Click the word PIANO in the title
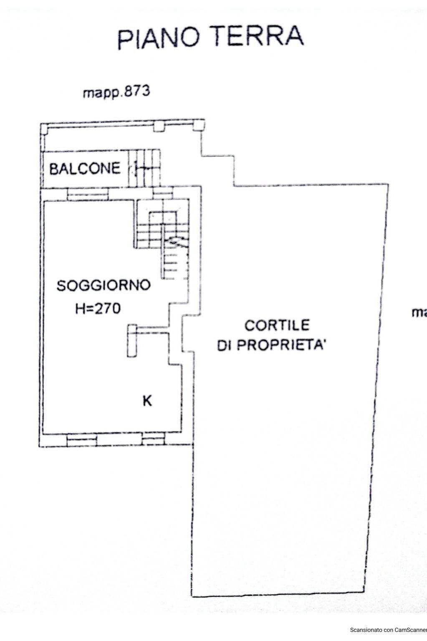pyautogui.click(x=162, y=38)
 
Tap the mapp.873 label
pyautogui.click(x=116, y=91)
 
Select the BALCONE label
pyautogui.click(x=85, y=168)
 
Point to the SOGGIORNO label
pyautogui.click(x=104, y=286)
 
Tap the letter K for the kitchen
pyautogui.click(x=147, y=401)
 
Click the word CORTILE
pyautogui.click(x=277, y=325)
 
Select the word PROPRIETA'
pyautogui.click(x=284, y=345)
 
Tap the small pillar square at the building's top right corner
pyautogui.click(x=199, y=125)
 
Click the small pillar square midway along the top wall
pyautogui.click(x=159, y=126)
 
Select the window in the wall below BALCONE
pyautogui.click(x=88, y=194)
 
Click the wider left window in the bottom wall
pyautogui.click(x=82, y=439)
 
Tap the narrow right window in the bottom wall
pyautogui.click(x=153, y=439)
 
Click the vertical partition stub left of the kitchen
pyautogui.click(x=132, y=340)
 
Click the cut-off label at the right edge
pyautogui.click(x=419, y=312)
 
